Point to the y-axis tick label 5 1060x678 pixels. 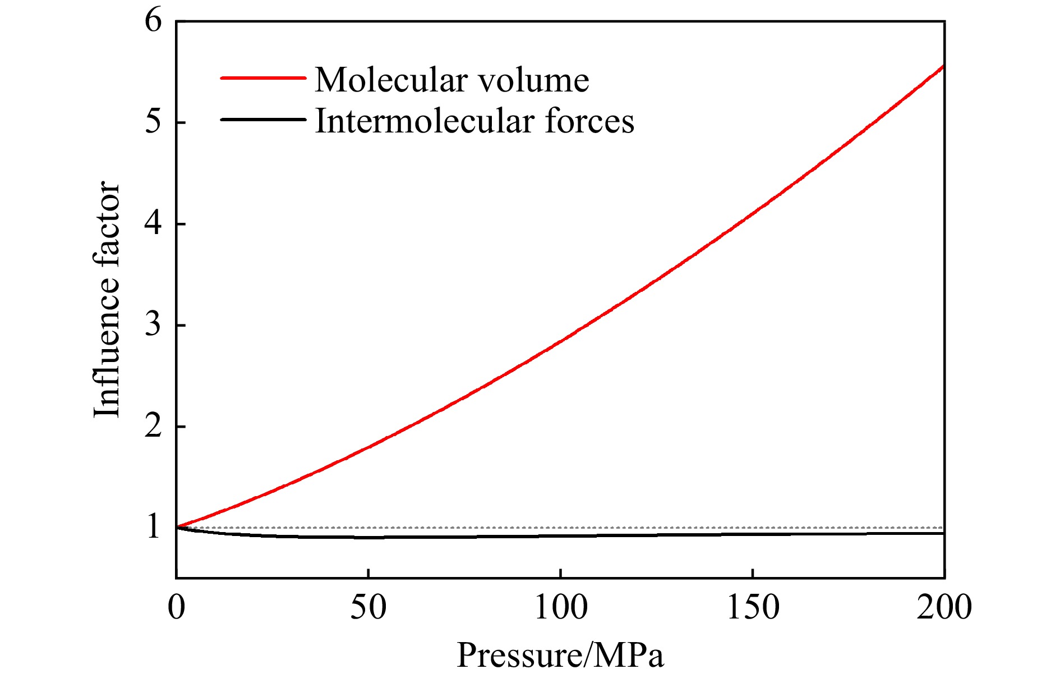153,122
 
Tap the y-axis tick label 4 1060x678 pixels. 153,223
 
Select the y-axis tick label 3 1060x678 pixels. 153,324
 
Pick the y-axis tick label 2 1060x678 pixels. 153,426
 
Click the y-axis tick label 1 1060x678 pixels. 153,527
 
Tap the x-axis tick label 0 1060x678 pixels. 177,607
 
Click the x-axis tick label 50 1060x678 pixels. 368,607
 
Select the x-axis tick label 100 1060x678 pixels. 560,607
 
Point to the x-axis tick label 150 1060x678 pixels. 753,607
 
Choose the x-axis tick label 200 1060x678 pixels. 944,607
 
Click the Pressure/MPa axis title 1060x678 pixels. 560,655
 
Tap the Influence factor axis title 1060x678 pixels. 107,300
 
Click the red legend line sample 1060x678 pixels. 262,78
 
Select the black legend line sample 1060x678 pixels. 262,120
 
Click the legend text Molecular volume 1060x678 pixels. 452,80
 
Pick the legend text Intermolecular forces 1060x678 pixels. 474,121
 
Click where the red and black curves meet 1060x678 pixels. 177,526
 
